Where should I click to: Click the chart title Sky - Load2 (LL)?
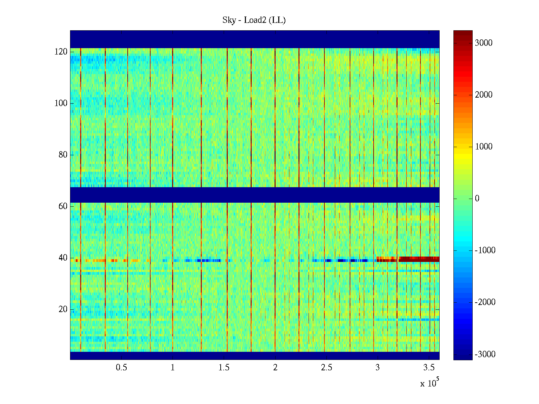point(254,21)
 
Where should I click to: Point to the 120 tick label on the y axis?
point(61,52)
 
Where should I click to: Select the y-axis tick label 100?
point(61,103)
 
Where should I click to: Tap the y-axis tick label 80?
point(63,155)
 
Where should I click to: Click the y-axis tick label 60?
point(63,206)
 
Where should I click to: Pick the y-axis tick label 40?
point(63,258)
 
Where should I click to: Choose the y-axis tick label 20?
point(63,309)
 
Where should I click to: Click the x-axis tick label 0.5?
point(121,368)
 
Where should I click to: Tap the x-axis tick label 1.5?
point(224,368)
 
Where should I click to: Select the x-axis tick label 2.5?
point(326,368)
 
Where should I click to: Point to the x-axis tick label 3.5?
point(429,368)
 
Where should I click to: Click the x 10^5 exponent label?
point(430,383)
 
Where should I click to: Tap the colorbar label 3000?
point(483,43)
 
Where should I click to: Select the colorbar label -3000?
point(485,354)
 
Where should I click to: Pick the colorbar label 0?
point(477,199)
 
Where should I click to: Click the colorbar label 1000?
point(483,147)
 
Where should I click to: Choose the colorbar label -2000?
point(485,302)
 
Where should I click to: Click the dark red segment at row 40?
point(419,259)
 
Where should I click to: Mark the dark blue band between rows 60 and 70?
point(255,195)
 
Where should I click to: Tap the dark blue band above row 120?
point(255,39)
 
